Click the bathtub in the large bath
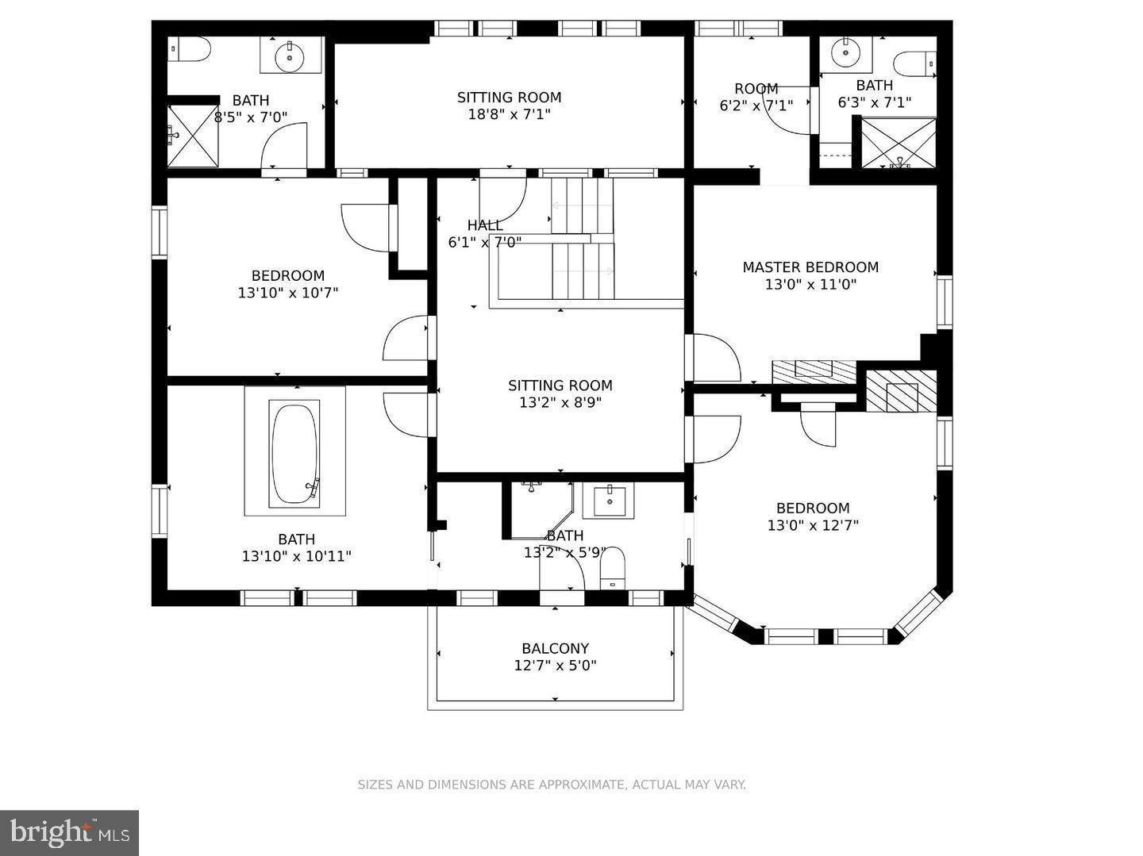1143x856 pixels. click(x=294, y=453)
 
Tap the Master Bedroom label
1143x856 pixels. click(x=810, y=267)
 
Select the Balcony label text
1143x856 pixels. click(x=555, y=648)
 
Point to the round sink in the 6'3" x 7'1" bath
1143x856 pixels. click(x=846, y=53)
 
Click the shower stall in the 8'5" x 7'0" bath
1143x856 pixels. click(x=192, y=136)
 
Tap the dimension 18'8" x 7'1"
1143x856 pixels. click(x=509, y=114)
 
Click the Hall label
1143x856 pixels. click(x=484, y=225)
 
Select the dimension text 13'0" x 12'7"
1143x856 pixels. click(x=813, y=525)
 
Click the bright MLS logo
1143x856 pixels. click(x=69, y=832)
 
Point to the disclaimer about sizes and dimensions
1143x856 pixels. click(x=552, y=785)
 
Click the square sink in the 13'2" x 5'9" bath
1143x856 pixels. click(x=609, y=501)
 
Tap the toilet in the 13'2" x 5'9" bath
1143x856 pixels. click(x=613, y=570)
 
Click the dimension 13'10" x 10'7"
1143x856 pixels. click(x=288, y=293)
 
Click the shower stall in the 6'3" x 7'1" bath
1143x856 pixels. click(x=899, y=143)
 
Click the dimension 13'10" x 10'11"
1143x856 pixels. click(x=296, y=557)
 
